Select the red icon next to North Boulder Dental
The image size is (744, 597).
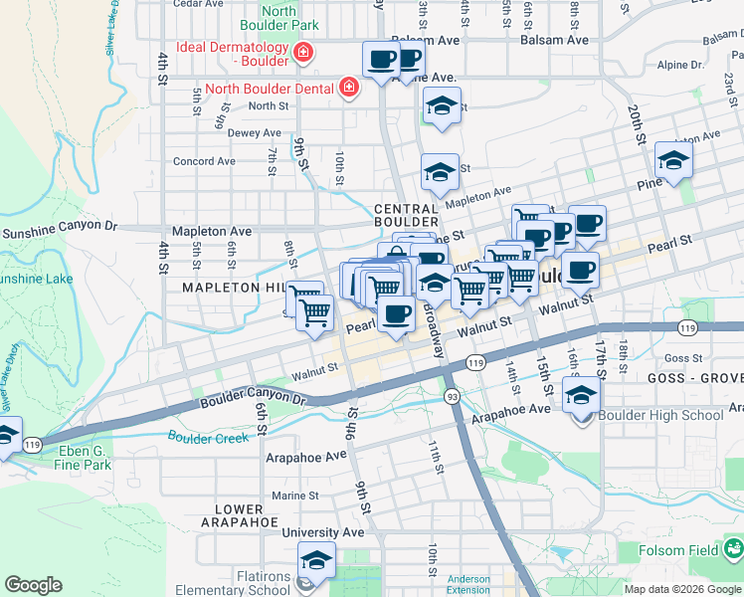[348, 89]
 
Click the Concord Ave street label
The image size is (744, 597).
[204, 161]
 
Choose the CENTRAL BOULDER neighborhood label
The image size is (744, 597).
[406, 215]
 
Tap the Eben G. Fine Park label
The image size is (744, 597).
[83, 457]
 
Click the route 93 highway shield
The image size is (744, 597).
[451, 396]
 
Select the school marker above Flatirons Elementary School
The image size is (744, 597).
[316, 560]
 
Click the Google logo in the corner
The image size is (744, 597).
[33, 585]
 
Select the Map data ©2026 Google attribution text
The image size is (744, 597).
[682, 589]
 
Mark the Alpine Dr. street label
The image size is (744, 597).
[680, 65]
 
